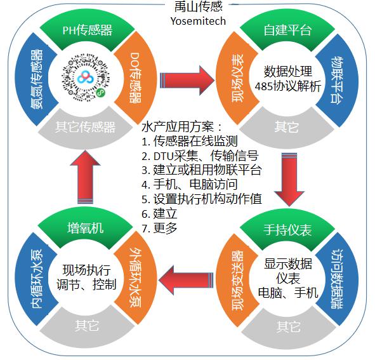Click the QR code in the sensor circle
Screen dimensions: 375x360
[x=86, y=77]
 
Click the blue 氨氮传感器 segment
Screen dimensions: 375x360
[x=36, y=79]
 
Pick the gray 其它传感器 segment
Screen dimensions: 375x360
[x=86, y=128]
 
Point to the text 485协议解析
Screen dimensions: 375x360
[x=287, y=86]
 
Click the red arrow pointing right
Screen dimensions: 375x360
[x=187, y=81]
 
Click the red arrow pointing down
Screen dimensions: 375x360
[x=289, y=179]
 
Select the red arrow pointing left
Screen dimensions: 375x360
[x=185, y=279]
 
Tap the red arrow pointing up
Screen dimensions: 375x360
[x=85, y=177]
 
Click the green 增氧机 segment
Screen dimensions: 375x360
[x=86, y=228]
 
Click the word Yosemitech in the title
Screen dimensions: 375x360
[x=198, y=21]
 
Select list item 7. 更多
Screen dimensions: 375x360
[x=159, y=228]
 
